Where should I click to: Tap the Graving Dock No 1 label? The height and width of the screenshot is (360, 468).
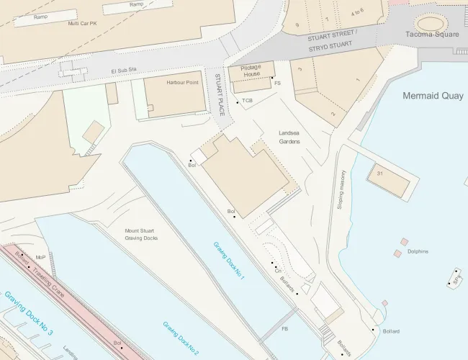click(229, 261)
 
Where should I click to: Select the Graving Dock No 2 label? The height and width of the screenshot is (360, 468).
click(181, 338)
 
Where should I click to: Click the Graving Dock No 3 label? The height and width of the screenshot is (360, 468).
click(29, 315)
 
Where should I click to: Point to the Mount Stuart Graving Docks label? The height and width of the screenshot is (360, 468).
click(140, 235)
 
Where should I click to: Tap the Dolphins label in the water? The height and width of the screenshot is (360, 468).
click(418, 251)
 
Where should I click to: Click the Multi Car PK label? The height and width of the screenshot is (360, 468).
click(83, 23)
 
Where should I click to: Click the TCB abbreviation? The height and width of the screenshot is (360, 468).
click(248, 101)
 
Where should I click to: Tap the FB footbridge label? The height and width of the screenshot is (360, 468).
click(284, 329)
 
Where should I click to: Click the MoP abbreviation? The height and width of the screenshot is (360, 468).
click(40, 257)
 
